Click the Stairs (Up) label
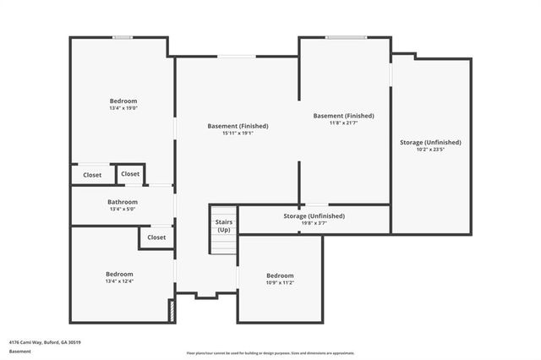[x=223, y=226]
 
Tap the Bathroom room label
[x=123, y=202]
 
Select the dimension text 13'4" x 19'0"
[x=123, y=108]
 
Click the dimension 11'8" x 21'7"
[x=343, y=123]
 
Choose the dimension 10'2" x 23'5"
[x=430, y=150]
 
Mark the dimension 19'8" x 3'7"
[x=314, y=224]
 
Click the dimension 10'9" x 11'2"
[x=280, y=283]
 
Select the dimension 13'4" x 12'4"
[x=119, y=281]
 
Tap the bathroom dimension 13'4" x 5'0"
[x=123, y=210]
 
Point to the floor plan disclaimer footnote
[x=270, y=353]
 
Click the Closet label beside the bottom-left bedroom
[x=156, y=237]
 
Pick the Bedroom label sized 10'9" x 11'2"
[x=280, y=275]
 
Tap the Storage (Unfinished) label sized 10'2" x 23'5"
[x=430, y=142]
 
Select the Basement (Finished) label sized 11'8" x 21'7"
[x=343, y=116]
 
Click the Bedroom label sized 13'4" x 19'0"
[x=123, y=101]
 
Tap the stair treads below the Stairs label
[x=223, y=243]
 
